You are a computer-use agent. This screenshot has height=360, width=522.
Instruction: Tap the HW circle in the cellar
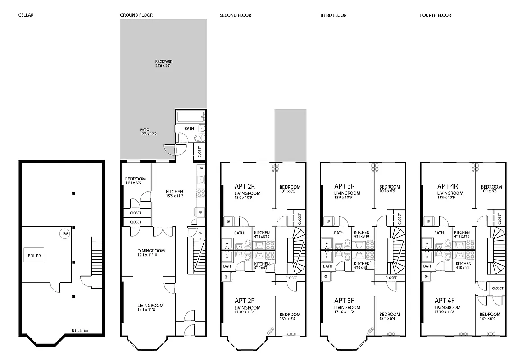[x=64, y=234]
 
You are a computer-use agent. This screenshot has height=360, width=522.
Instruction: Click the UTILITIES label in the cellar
[x=80, y=330]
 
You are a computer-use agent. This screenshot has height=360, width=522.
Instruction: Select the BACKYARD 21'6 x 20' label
[x=164, y=63]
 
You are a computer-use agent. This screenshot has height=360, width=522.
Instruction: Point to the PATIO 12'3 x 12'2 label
[x=148, y=132]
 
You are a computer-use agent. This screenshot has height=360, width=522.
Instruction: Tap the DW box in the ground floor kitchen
[x=201, y=168]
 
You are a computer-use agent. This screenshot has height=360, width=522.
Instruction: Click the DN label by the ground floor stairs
[x=201, y=233]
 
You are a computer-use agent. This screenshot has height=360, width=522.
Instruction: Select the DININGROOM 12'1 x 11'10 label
[x=151, y=253]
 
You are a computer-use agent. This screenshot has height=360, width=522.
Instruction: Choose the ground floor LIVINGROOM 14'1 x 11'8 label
[x=150, y=308]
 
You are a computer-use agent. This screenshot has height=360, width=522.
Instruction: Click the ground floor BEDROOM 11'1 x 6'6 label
[x=136, y=181]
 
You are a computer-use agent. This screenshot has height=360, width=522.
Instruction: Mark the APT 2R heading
[x=245, y=185]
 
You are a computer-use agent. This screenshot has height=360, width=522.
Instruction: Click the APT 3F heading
[x=345, y=300]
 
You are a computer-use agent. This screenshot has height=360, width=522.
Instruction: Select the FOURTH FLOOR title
[x=436, y=15]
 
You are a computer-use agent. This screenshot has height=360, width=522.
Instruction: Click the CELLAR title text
[x=26, y=15]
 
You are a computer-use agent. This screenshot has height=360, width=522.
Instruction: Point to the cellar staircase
[x=97, y=254]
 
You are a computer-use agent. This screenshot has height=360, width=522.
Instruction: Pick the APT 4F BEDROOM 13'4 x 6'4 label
[x=490, y=316]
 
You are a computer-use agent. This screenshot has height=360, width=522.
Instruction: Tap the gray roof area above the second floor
[x=291, y=135]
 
